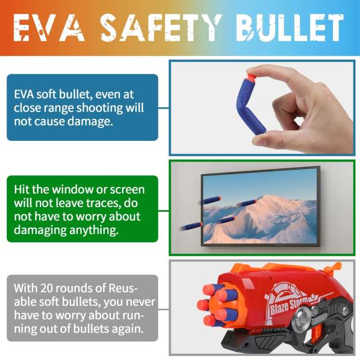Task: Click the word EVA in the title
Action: click(x=49, y=28)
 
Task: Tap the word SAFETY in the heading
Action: click(x=161, y=28)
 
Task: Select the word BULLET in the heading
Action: click(x=290, y=28)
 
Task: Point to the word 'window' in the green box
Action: click(x=72, y=190)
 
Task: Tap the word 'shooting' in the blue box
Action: click(x=100, y=108)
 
